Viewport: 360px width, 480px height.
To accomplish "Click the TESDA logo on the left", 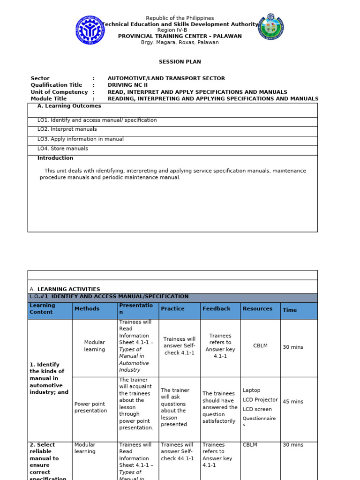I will pos(90,30).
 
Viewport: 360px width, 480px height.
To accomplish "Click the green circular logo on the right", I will pos(271,27).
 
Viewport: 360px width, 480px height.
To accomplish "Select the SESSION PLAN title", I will pos(180,62).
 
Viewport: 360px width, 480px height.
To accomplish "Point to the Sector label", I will pos(40,78).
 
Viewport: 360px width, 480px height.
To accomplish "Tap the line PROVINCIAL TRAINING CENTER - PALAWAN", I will pos(180,36).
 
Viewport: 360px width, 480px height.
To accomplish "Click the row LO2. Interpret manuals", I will pos(67,129).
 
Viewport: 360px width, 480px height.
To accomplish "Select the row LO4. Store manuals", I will pos(63,149).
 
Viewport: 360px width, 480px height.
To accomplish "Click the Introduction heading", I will pos(55,158).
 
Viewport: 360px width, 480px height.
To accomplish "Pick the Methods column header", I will pos(87,309).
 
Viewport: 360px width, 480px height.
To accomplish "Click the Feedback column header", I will pos(216,309).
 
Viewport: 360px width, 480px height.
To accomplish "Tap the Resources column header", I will pos(257,309).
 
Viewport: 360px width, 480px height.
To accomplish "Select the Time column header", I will pos(290,310).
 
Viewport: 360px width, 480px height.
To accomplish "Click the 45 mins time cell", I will pos(293,402).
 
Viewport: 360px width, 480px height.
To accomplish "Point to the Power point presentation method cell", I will pos(90,407).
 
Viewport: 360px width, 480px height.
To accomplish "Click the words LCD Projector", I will pos(260,400).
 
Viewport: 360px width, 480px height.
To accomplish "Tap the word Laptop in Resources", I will pos(251,390).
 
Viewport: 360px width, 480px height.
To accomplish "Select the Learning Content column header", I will pos(42,309).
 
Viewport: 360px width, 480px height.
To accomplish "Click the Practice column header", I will pos(172,309).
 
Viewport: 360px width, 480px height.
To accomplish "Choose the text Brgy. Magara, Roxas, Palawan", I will pos(180,43).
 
